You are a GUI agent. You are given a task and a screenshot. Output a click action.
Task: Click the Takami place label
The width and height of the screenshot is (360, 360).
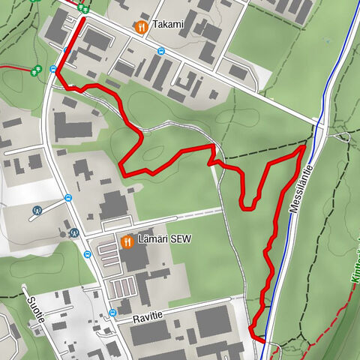[167, 25]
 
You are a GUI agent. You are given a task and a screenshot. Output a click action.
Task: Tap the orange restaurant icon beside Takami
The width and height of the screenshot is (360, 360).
[140, 26]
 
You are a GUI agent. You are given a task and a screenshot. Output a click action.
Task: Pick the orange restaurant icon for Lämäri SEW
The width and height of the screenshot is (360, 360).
[126, 241]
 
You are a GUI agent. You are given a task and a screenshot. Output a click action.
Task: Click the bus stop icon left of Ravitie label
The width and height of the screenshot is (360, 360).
[111, 312]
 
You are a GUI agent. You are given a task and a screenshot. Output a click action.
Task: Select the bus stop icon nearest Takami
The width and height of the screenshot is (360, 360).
[161, 52]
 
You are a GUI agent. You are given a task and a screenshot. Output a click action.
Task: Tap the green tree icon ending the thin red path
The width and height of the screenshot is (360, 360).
[35, 69]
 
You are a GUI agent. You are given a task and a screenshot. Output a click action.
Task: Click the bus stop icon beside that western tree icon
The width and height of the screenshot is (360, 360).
[54, 69]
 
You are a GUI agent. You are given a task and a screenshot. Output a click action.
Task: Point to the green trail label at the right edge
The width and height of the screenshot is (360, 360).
[354, 262]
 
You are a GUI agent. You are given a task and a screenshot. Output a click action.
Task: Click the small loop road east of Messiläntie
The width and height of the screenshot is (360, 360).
[343, 136]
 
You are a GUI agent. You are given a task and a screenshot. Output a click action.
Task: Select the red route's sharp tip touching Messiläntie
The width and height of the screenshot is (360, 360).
[304, 148]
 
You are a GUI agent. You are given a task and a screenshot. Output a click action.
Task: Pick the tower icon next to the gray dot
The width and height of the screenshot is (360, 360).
[73, 232]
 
